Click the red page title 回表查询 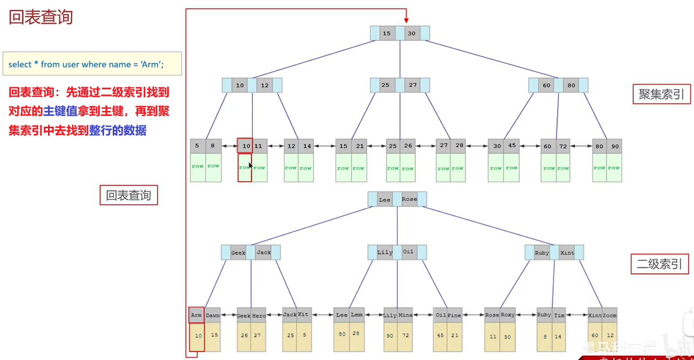pyautogui.click(x=41, y=17)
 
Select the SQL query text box pyautogui.click(x=92, y=64)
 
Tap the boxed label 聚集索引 pyautogui.click(x=661, y=94)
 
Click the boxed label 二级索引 pyautogui.click(x=659, y=264)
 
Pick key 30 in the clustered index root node pyautogui.click(x=412, y=33)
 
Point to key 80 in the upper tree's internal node pyautogui.click(x=571, y=85)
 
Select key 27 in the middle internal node pyautogui.click(x=413, y=85)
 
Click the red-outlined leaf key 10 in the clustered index pyautogui.click(x=245, y=146)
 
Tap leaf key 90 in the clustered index pyautogui.click(x=614, y=146)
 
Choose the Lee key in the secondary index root pyautogui.click(x=384, y=199)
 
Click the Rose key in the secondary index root pyautogui.click(x=409, y=199)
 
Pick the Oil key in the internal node pyautogui.click(x=408, y=252)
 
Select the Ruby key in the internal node pyautogui.click(x=542, y=252)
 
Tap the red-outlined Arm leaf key pyautogui.click(x=196, y=315)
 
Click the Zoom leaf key pyautogui.click(x=609, y=315)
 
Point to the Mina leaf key pyautogui.click(x=405, y=315)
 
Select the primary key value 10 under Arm pyautogui.click(x=198, y=335)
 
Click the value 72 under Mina pyautogui.click(x=405, y=335)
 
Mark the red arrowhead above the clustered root pyautogui.click(x=406, y=20)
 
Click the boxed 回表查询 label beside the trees pyautogui.click(x=128, y=196)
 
